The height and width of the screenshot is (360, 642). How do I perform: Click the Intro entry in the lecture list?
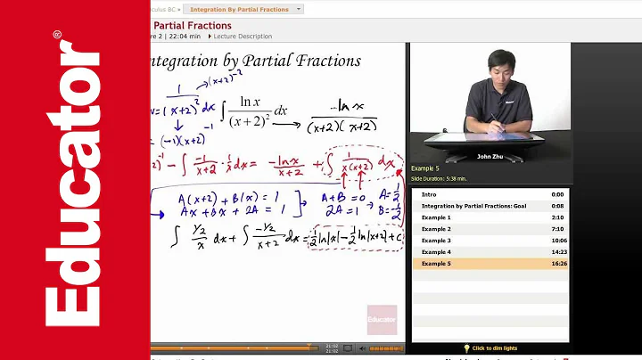pyautogui.click(x=430, y=194)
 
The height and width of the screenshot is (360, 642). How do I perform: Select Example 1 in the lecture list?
pyautogui.click(x=436, y=217)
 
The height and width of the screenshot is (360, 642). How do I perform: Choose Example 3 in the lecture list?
pyautogui.click(x=436, y=241)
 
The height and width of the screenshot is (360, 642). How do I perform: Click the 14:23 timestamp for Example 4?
pyautogui.click(x=557, y=252)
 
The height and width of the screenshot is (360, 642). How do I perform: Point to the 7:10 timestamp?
pyautogui.click(x=557, y=229)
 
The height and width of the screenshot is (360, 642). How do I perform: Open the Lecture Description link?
pyautogui.click(x=243, y=37)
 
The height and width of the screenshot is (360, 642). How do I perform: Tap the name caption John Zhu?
pyautogui.click(x=490, y=156)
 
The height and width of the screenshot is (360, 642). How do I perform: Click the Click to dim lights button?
pyautogui.click(x=491, y=348)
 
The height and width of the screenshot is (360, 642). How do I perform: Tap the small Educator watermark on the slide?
pyautogui.click(x=382, y=318)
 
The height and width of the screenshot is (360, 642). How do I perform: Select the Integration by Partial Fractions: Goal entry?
pyautogui.click(x=473, y=206)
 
